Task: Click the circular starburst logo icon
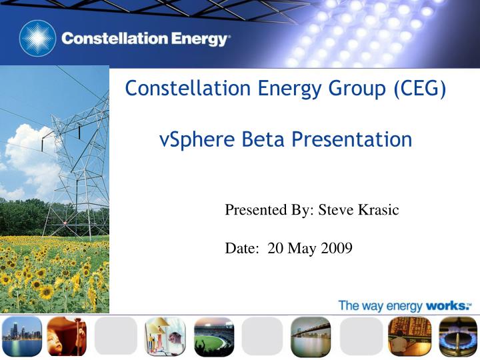(37, 38)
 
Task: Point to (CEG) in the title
(420, 89)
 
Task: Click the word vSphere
(197, 140)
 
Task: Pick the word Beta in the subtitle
(263, 139)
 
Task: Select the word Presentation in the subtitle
(352, 140)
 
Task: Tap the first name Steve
(336, 210)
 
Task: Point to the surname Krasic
(379, 210)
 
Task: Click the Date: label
(242, 248)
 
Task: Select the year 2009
(337, 248)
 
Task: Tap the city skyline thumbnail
(21, 337)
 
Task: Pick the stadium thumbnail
(214, 337)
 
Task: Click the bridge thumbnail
(311, 337)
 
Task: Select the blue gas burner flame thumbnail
(457, 337)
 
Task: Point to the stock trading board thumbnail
(409, 337)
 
